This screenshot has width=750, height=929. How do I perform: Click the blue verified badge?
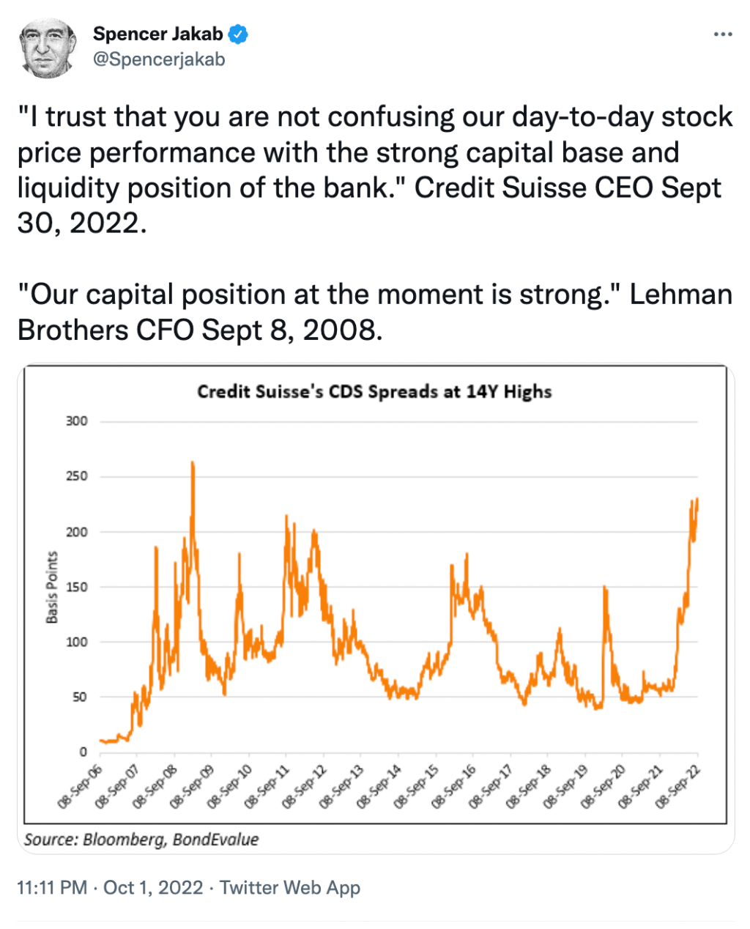pos(239,34)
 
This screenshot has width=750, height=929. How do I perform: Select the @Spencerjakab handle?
pos(159,59)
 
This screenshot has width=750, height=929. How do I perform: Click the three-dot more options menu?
pos(722,34)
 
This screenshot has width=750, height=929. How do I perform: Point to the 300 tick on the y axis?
pos(76,421)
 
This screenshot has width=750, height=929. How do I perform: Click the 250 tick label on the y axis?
pos(76,476)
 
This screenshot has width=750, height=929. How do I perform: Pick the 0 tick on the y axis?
pos(83,752)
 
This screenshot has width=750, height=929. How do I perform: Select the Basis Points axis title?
pos(52,588)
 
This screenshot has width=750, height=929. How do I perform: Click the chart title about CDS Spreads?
pos(374,391)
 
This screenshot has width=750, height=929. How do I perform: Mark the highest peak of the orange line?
pos(193,462)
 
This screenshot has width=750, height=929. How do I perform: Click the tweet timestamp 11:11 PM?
pos(52,888)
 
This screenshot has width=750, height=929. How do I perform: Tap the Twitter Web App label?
pos(290,888)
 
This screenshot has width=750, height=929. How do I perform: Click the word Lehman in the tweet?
pos(680,295)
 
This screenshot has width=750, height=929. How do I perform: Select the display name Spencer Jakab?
pos(157,34)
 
